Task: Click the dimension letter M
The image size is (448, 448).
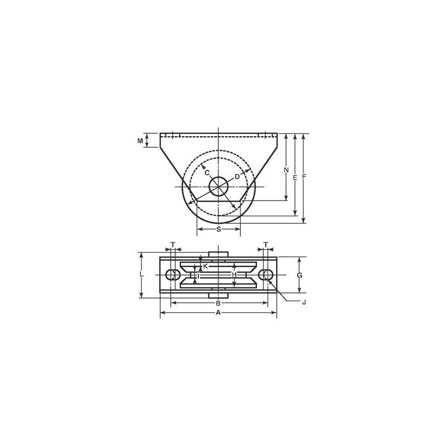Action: click(140, 141)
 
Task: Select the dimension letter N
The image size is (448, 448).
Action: click(286, 170)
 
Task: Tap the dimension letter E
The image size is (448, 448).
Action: click(295, 178)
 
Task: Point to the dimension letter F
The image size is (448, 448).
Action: click(304, 177)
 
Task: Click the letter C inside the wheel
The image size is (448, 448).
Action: click(207, 172)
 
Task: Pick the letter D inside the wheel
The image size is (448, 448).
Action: click(237, 177)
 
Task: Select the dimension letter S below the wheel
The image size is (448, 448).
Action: click(218, 229)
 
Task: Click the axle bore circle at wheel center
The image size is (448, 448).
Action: click(218, 186)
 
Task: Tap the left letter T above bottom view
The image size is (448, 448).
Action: click(172, 245)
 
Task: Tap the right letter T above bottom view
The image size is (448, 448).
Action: click(265, 245)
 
